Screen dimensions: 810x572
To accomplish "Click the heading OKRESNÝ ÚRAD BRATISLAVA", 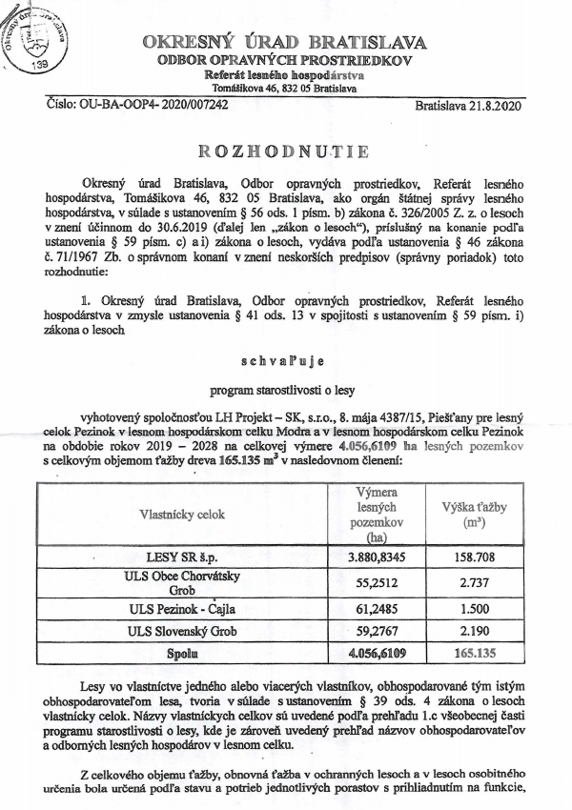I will (x=284, y=43).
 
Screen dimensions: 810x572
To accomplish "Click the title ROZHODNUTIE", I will (x=284, y=152).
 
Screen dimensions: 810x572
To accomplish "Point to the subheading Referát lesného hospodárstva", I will (x=284, y=74).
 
